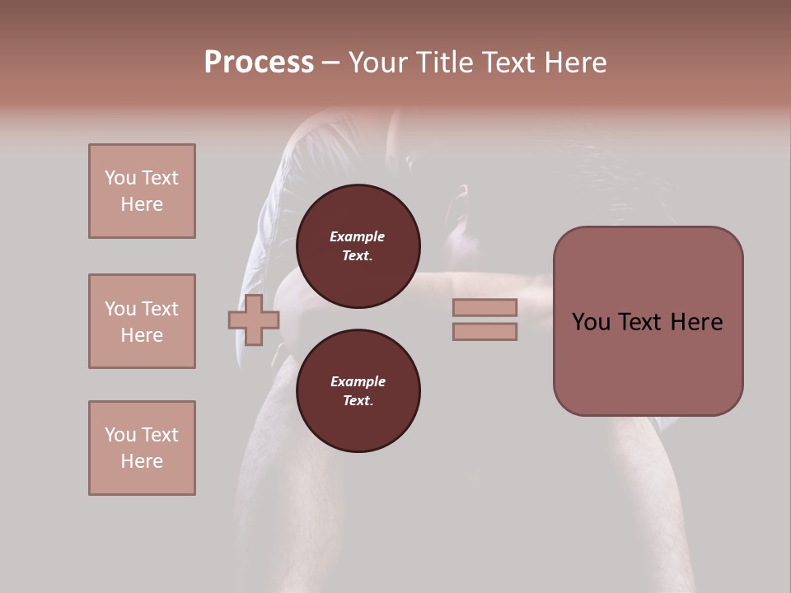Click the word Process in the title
tap(259, 63)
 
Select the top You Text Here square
tap(142, 191)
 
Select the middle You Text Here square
tap(142, 321)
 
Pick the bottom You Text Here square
tap(142, 448)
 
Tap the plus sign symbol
tap(254, 320)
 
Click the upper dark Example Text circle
tap(358, 246)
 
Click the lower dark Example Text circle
tap(358, 391)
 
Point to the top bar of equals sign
tap(484, 308)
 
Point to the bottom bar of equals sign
tap(484, 332)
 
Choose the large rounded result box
tap(648, 321)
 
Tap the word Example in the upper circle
tap(357, 237)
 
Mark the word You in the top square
tap(119, 178)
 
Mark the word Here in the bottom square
tap(142, 461)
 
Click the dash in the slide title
tap(331, 63)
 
